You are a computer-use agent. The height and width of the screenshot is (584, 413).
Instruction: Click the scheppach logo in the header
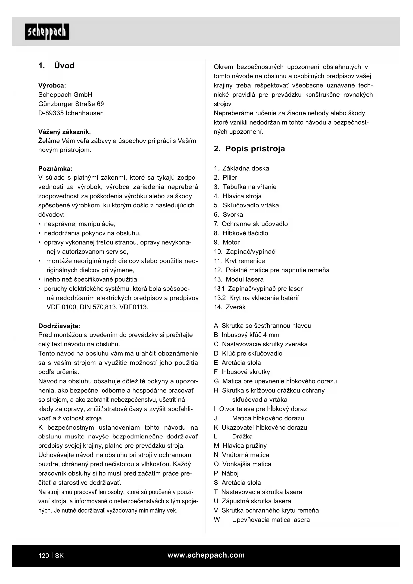pyautogui.click(x=47, y=32)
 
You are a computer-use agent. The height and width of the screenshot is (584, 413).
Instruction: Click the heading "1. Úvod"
pyautogui.click(x=56, y=66)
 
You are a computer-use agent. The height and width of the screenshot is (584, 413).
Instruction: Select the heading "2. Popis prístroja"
pyautogui.click(x=249, y=149)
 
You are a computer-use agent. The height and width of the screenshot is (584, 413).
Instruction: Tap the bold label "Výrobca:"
pyautogui.click(x=52, y=85)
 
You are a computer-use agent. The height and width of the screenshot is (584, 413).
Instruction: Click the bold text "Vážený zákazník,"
pyautogui.click(x=64, y=132)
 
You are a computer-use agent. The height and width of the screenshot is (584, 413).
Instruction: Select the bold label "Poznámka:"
pyautogui.click(x=55, y=169)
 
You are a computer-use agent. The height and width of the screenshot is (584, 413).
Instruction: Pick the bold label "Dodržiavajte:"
pyautogui.click(x=59, y=326)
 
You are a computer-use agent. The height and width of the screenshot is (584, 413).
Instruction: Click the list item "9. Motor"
pyautogui.click(x=227, y=242)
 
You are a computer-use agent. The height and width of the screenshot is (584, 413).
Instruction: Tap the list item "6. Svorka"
pyautogui.click(x=228, y=215)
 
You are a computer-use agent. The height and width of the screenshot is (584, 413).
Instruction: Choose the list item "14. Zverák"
pyautogui.click(x=230, y=307)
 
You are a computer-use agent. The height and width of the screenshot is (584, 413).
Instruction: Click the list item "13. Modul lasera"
pyautogui.click(x=239, y=279)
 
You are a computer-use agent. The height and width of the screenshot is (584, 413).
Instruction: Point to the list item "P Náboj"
pyautogui.click(x=226, y=473)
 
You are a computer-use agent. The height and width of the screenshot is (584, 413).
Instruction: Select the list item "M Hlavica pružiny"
pyautogui.click(x=240, y=446)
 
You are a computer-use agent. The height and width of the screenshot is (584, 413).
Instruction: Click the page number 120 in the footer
pyautogui.click(x=44, y=556)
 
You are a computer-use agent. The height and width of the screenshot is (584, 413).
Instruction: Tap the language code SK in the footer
pyautogui.click(x=59, y=556)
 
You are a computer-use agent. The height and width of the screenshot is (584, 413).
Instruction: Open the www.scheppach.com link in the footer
pyautogui.click(x=206, y=555)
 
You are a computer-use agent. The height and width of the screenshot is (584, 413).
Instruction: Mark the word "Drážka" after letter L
pyautogui.click(x=242, y=437)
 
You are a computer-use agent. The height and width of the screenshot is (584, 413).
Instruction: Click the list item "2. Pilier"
pyautogui.click(x=226, y=178)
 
